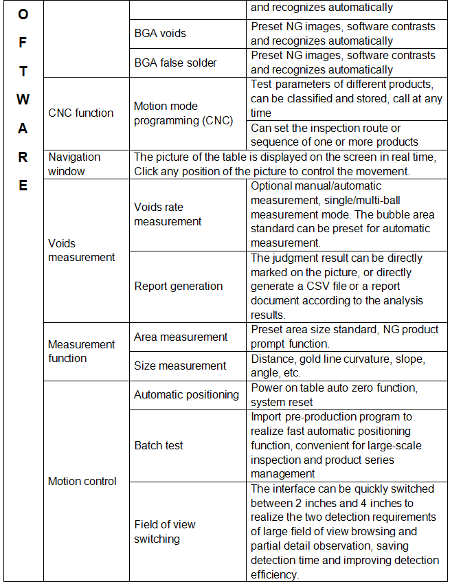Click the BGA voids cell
159,33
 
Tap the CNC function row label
80,113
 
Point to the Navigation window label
74,164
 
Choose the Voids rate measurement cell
168,214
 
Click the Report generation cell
178,286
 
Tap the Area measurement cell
181,337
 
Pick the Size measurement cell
180,366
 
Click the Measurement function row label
81,351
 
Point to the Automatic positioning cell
185,394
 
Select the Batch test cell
159,445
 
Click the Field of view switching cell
165,531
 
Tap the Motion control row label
82,481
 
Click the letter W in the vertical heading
23,99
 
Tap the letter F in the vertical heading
23,41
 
